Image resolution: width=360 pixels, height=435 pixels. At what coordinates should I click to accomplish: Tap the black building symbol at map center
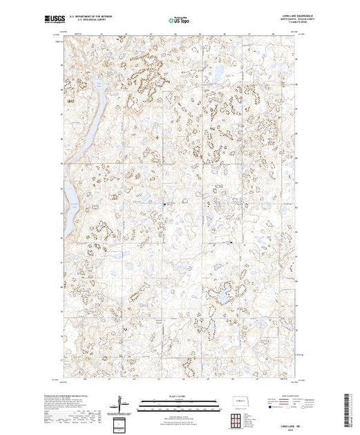coord(164,204)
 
